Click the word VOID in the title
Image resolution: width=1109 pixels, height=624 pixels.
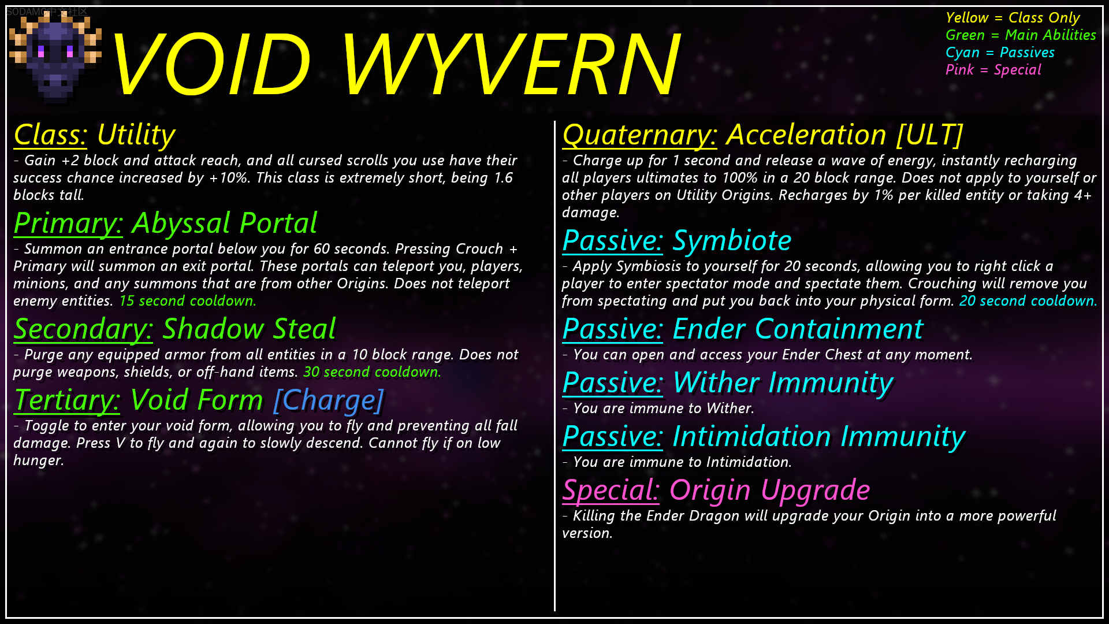point(211,64)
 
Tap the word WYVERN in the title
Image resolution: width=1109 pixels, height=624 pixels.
point(512,64)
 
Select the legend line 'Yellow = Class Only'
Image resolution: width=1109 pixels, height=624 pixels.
point(1013,18)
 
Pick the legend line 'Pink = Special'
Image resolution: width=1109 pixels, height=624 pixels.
point(993,70)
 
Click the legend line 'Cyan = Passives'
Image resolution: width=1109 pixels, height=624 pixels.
point(1000,53)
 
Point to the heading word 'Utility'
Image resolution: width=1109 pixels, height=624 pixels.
point(136,135)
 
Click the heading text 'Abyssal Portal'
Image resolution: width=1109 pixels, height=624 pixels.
point(225,223)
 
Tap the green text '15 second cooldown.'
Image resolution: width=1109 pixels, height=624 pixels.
point(188,301)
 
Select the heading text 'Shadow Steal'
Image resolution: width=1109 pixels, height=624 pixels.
point(249,329)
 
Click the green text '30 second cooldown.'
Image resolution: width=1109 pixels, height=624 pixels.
point(373,372)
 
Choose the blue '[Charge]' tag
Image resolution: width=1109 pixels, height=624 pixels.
point(329,400)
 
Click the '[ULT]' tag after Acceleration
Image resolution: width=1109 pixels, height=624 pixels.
point(930,135)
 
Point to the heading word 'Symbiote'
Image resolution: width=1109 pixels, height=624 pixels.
point(732,240)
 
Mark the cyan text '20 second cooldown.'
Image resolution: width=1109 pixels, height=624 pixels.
point(1028,301)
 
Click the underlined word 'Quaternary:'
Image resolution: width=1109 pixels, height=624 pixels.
point(640,135)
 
